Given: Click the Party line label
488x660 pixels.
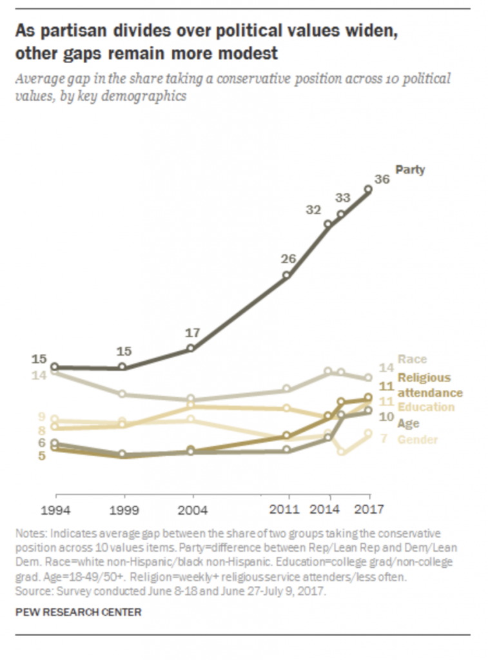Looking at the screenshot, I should (410, 170).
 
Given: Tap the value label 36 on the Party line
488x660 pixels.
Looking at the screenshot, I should (382, 180).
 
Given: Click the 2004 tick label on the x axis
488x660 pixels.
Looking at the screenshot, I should (191, 509).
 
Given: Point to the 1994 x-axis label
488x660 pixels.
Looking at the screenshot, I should (55, 509).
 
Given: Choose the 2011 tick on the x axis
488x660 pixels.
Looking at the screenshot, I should (288, 509).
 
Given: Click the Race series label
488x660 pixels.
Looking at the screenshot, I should (413, 359).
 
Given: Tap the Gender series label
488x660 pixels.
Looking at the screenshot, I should (418, 440).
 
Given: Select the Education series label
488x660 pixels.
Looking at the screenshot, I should (425, 407).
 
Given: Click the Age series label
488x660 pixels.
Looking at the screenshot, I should (409, 423).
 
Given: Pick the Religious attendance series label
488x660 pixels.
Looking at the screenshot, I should (430, 385).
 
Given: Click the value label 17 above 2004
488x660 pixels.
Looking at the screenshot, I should (192, 333).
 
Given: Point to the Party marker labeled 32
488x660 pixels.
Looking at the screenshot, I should (328, 224).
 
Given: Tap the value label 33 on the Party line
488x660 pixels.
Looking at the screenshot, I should (342, 198).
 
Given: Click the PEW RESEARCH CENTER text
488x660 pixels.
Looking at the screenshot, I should (78, 612).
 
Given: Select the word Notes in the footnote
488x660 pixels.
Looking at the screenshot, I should (30, 534).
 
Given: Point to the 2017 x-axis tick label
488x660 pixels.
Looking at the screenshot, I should (369, 509).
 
